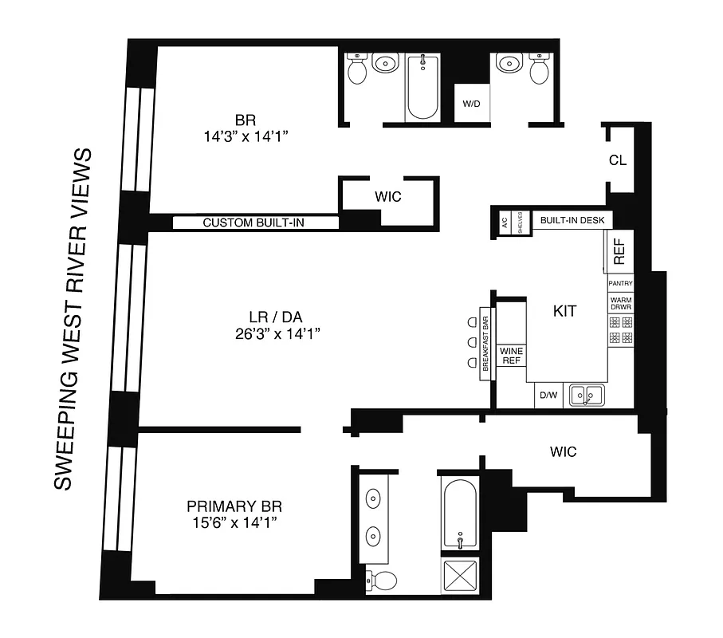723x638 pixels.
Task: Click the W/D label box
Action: (x=470, y=103)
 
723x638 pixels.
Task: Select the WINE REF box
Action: (x=510, y=356)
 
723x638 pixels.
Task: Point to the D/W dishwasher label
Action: (x=548, y=395)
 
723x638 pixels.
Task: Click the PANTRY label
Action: (x=620, y=284)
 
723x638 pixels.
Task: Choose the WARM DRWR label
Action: (x=620, y=304)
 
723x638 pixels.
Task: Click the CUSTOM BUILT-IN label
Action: (x=253, y=223)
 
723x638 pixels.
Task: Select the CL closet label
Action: (x=617, y=159)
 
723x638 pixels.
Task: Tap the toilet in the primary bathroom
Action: (x=382, y=581)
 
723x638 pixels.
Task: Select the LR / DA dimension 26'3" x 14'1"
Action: (x=274, y=334)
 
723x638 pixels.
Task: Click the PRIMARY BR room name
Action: (x=234, y=506)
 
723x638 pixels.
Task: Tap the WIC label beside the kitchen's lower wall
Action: (x=563, y=452)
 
